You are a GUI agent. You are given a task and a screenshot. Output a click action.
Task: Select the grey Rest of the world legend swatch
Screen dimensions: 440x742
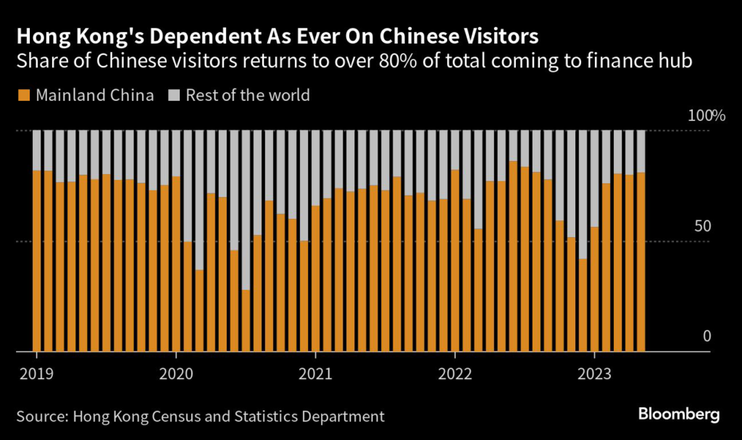[175, 96]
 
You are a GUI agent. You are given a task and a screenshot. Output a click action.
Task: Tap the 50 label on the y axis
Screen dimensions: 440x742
[702, 225]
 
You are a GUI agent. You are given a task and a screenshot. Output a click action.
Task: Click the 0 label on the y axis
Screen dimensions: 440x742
[707, 336]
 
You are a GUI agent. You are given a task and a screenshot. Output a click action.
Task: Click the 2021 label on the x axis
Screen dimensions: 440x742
[315, 374]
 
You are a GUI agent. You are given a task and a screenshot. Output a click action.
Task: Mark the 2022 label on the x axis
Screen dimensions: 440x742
[454, 374]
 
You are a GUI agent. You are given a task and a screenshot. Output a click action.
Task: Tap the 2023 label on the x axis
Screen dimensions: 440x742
[593, 374]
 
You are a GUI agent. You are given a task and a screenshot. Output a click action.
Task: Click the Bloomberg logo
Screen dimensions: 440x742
[679, 415]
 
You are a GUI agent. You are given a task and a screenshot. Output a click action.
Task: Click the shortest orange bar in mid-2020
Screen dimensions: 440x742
[246, 321]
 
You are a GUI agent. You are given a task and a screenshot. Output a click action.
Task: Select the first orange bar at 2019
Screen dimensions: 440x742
[37, 261]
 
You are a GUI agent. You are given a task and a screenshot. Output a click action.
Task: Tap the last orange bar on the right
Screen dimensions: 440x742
[641, 262]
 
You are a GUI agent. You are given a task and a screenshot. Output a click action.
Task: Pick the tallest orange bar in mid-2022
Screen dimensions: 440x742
[513, 257]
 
